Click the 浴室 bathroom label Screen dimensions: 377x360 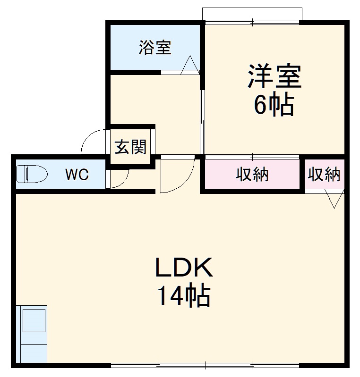[155, 48]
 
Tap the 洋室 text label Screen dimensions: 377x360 [274, 76]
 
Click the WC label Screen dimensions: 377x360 [77, 175]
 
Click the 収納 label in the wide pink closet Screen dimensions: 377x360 [252, 174]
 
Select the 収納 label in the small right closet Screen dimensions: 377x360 [324, 174]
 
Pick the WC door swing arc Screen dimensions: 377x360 [120, 178]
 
